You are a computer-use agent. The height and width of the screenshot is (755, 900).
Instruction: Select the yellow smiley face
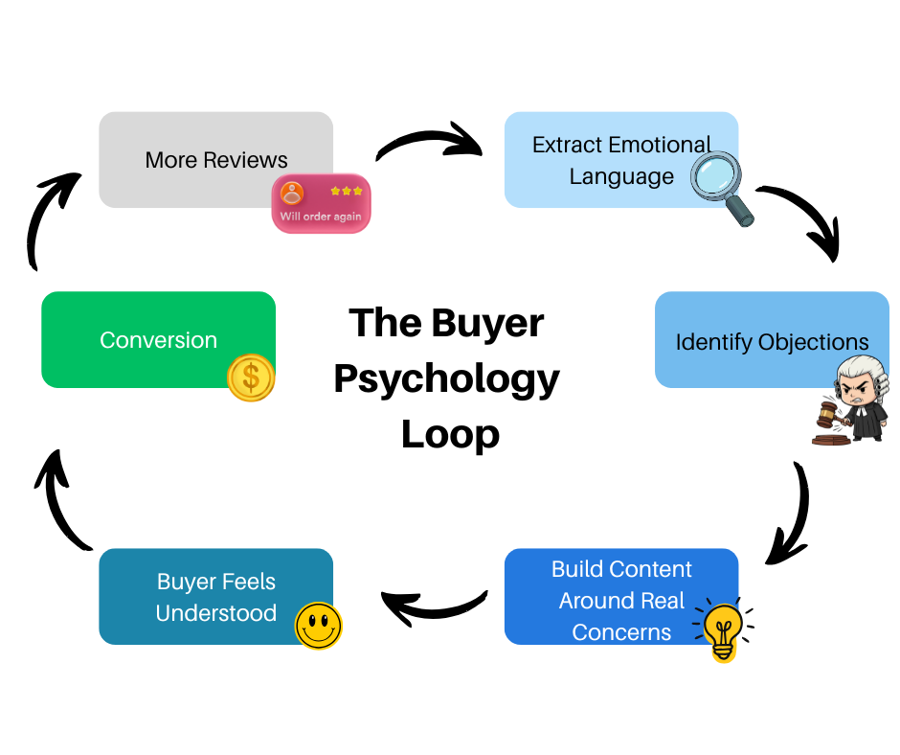pyautogui.click(x=318, y=626)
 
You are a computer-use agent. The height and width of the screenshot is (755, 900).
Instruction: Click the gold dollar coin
pyautogui.click(x=251, y=377)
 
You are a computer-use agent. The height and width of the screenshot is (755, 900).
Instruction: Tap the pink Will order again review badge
pyautogui.click(x=321, y=203)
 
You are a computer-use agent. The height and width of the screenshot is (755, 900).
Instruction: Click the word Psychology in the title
pyautogui.click(x=446, y=378)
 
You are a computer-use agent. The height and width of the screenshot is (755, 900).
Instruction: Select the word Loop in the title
pyautogui.click(x=450, y=434)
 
